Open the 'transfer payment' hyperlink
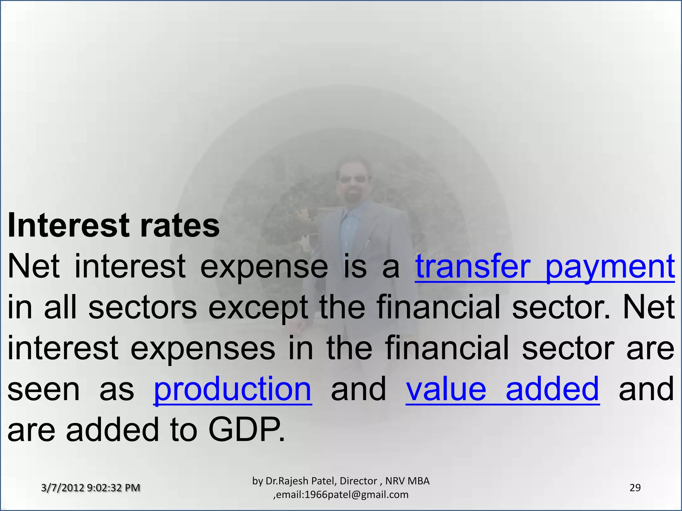click(544, 267)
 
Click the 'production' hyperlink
click(232, 389)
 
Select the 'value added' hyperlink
click(503, 389)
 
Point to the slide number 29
click(635, 488)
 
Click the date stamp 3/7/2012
click(62, 488)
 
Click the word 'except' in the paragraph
click(258, 308)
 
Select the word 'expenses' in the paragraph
click(203, 349)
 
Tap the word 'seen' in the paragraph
click(43, 389)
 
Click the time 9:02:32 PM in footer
click(113, 488)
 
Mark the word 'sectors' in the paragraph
click(143, 308)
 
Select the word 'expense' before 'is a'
click(264, 267)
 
